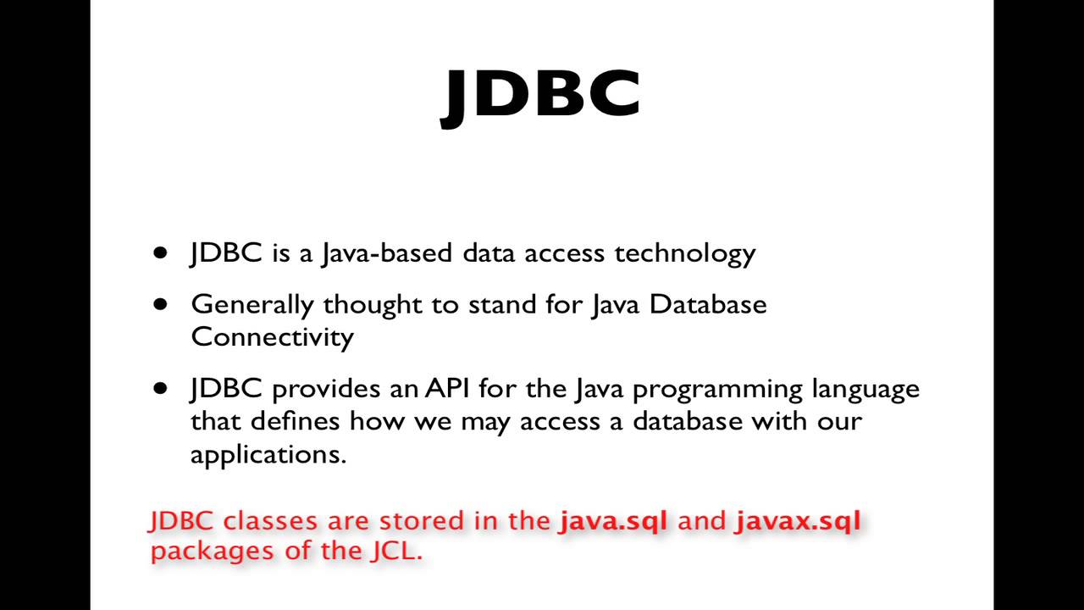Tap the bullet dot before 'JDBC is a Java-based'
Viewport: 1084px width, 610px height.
click(x=161, y=253)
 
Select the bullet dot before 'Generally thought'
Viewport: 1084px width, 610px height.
click(x=161, y=304)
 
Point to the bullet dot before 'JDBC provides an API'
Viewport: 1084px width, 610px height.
click(x=161, y=389)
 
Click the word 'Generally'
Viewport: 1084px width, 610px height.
click(x=252, y=304)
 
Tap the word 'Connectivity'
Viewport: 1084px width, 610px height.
click(x=272, y=336)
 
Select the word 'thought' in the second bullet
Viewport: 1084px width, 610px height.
click(x=373, y=304)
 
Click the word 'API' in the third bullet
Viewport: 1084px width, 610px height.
click(x=447, y=389)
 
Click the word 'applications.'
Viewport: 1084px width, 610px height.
click(x=268, y=454)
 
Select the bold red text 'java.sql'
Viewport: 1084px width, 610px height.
click(x=613, y=520)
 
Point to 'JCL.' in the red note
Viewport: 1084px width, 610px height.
click(x=395, y=551)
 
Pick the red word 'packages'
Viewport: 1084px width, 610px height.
click(x=202, y=552)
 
